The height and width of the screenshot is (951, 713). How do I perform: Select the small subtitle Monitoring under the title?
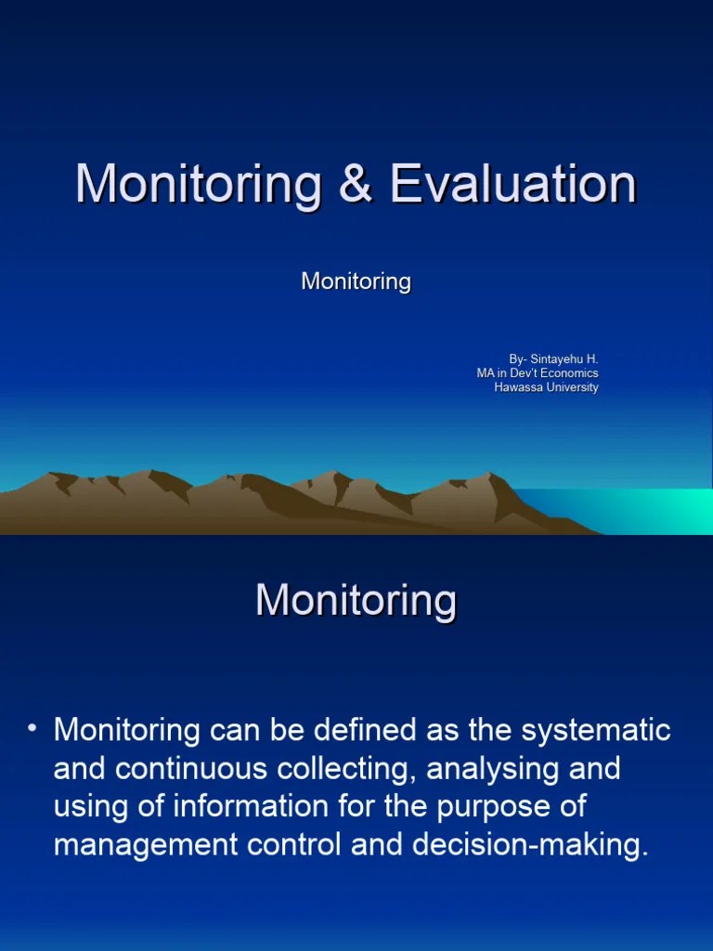(356, 281)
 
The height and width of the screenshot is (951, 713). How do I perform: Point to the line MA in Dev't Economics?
(538, 373)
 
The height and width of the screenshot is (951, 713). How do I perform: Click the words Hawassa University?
(546, 387)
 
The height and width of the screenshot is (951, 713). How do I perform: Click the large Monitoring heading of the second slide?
(356, 601)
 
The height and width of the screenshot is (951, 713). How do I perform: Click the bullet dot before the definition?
(32, 729)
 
